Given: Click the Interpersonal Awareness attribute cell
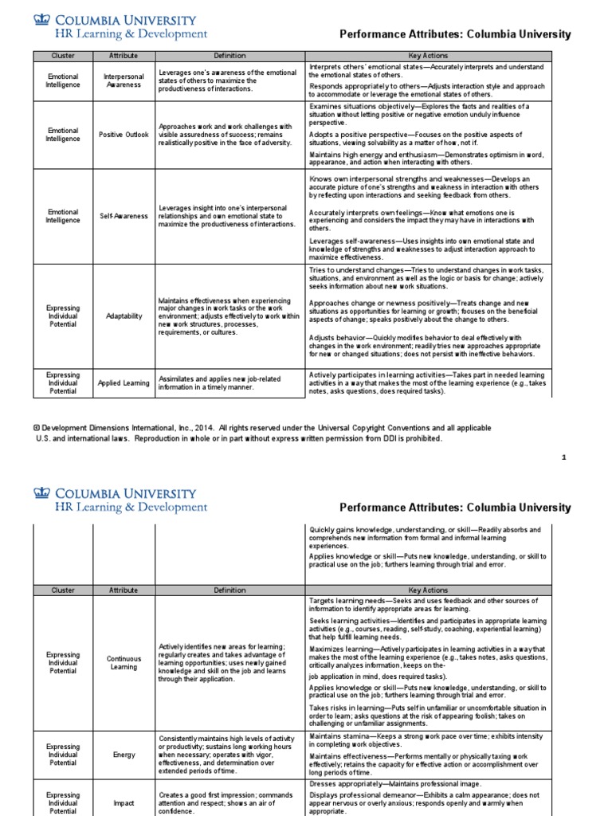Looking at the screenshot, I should pos(123,80).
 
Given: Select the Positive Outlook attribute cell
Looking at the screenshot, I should pos(123,135).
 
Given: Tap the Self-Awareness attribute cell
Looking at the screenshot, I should pos(123,216).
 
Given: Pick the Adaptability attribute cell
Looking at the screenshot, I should pos(123,316).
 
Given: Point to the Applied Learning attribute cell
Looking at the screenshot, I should pos(123,382).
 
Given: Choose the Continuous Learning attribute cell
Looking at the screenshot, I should pos(123,663).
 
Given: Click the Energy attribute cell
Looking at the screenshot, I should pos(123,754).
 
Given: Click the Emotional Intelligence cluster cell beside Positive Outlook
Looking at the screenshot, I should pos(63,135).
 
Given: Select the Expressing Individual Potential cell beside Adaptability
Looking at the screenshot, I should pos(63,316).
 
